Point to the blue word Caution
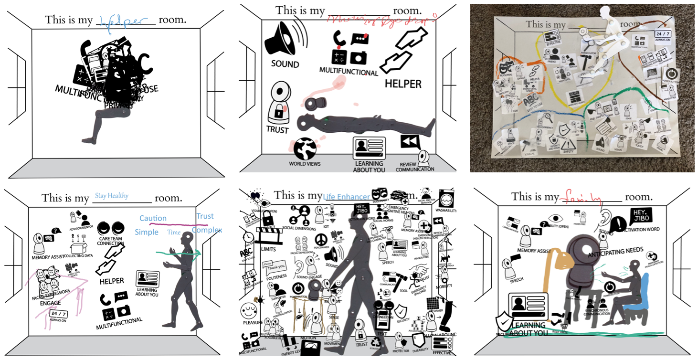pos(153,218)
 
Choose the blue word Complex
pos(207,230)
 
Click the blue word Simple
pos(146,232)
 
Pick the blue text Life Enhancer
pos(346,197)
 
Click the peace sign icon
pos(321,238)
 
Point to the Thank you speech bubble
pos(274,265)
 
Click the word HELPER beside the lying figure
pos(403,84)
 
